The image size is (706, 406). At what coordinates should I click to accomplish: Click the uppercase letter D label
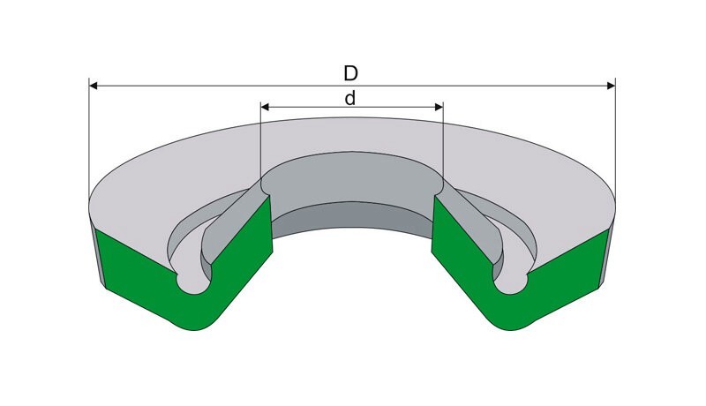coord(350,73)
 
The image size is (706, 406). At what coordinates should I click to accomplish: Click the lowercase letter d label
coord(349,98)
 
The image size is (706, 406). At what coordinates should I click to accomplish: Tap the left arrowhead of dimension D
coord(94,86)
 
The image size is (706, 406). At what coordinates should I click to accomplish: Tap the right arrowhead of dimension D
coord(611,86)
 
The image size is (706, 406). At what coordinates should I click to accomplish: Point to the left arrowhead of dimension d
coord(266,107)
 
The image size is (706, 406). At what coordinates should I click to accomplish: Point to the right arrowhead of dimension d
coord(439,107)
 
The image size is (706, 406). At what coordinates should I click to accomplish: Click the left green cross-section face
coord(189,274)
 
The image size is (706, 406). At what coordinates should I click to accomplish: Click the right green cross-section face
coord(518,274)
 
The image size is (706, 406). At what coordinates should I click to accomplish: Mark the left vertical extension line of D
coord(89,139)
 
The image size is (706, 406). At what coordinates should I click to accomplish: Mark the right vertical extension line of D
coord(615,139)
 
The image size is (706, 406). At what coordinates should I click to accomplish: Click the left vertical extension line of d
coord(261,142)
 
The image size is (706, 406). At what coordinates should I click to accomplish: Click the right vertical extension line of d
coord(443,142)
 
